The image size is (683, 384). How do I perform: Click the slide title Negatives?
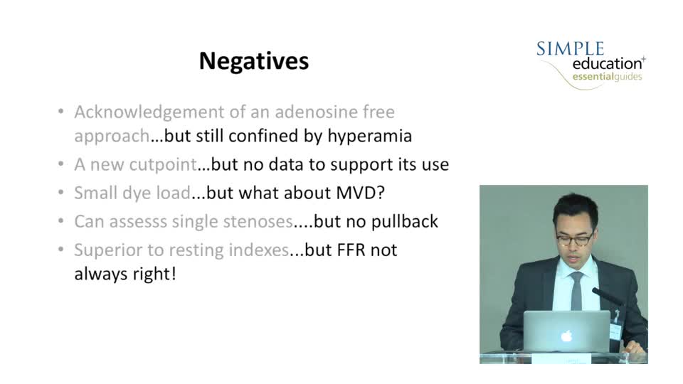click(x=254, y=60)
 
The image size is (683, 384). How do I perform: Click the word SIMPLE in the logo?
click(x=570, y=49)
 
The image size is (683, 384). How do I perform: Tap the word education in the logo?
click(x=607, y=63)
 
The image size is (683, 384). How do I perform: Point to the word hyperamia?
click(x=369, y=136)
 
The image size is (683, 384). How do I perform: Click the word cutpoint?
click(x=163, y=164)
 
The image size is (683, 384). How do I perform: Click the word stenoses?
click(x=258, y=222)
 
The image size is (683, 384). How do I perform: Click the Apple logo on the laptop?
click(x=566, y=336)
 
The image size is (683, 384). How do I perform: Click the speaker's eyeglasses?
click(x=575, y=239)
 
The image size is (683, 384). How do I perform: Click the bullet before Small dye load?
click(x=61, y=193)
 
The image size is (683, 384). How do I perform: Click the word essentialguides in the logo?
click(x=607, y=77)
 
